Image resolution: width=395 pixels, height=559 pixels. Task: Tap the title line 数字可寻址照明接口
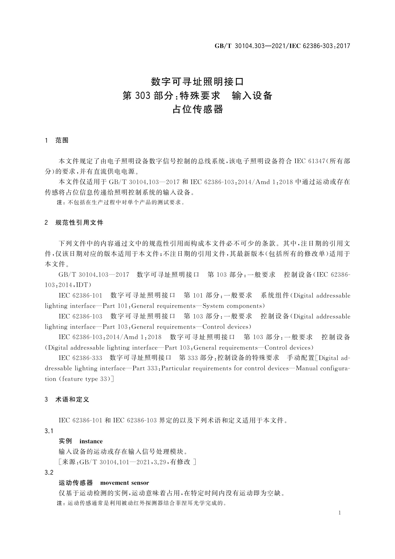197,81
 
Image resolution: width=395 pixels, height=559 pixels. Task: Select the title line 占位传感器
197,109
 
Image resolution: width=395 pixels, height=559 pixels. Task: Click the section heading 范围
62,140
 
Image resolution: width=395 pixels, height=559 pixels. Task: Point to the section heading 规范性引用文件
79,223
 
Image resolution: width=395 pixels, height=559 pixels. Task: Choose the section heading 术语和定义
72,400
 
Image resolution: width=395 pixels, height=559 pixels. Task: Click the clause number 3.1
49,431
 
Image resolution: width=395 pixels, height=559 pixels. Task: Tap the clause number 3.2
49,472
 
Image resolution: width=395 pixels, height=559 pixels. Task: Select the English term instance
91,441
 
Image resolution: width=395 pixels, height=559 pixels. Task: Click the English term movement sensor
124,483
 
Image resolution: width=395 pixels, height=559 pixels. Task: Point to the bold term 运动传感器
76,483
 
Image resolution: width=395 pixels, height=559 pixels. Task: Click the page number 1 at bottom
340,513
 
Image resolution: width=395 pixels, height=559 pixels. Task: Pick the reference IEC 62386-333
80,358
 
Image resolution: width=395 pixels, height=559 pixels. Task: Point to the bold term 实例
65,441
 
